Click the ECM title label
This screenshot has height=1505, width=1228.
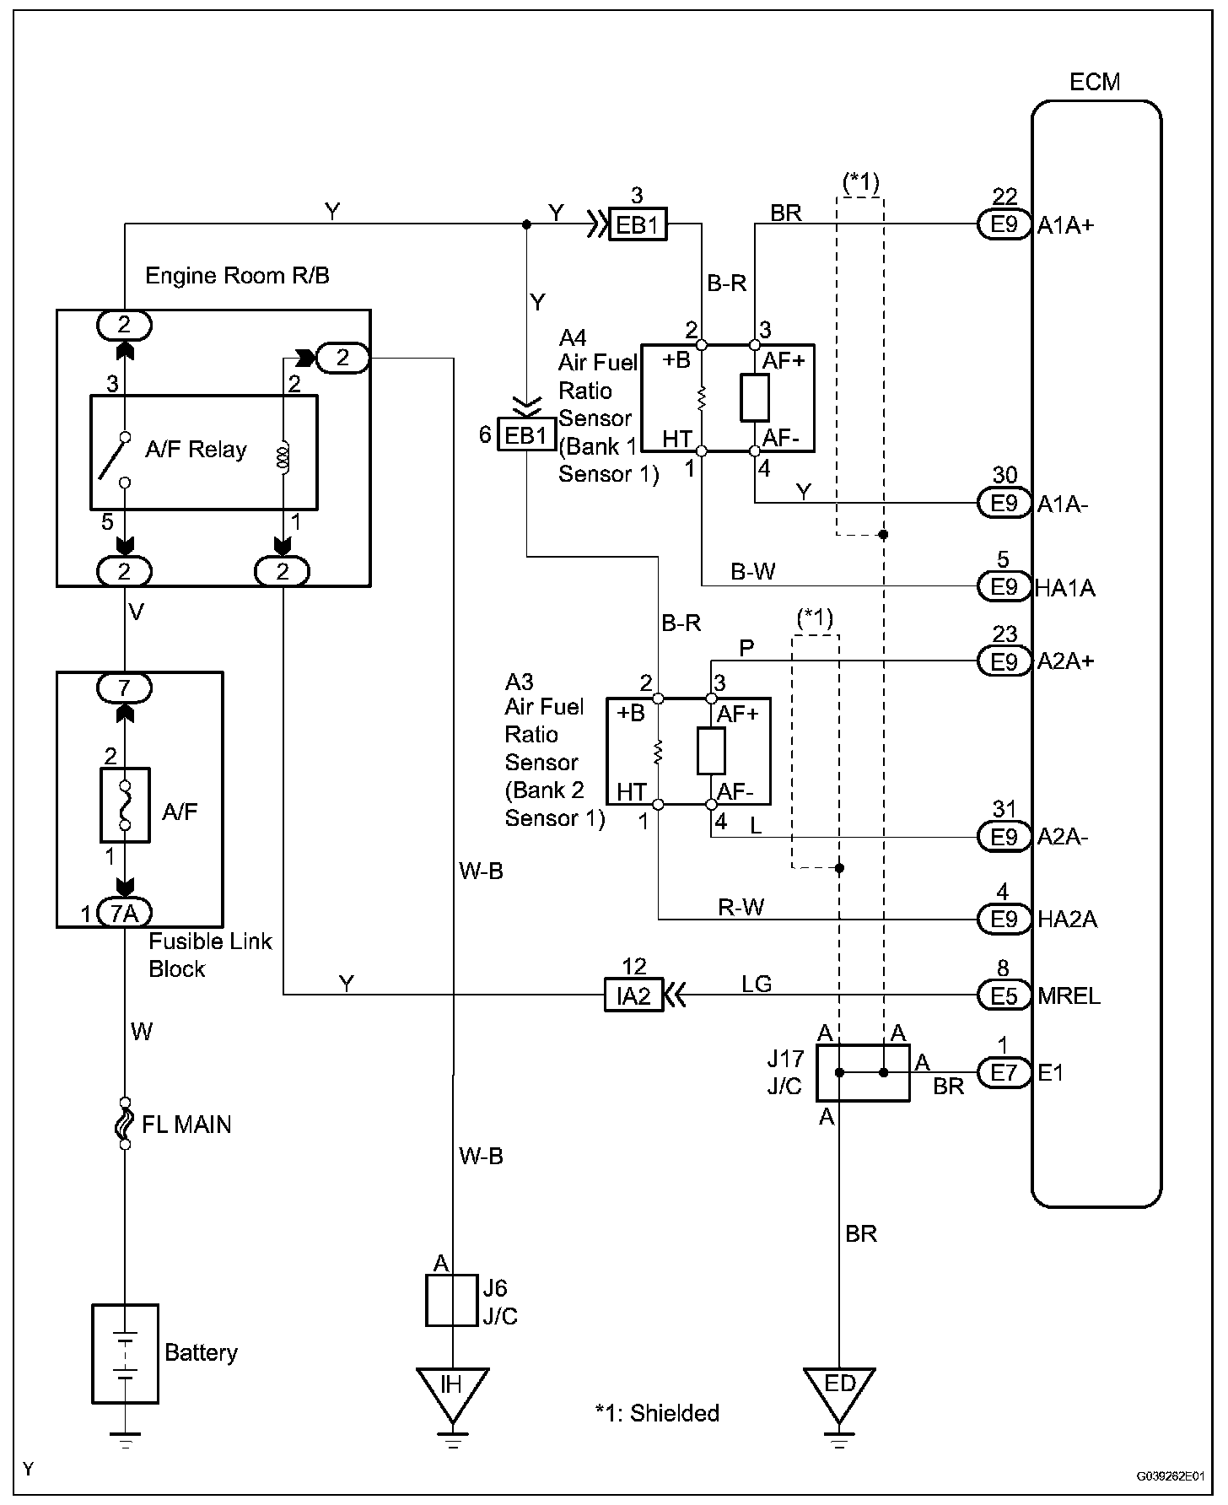click(1095, 82)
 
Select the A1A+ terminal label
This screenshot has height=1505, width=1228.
click(1065, 224)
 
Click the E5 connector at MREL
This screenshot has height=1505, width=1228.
click(1004, 995)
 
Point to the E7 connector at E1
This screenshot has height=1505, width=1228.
click(1004, 1073)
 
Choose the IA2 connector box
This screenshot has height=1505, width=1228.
click(633, 995)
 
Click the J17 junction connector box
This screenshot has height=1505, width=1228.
click(863, 1073)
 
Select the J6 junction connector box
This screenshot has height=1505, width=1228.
click(453, 1300)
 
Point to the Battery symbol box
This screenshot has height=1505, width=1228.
click(125, 1353)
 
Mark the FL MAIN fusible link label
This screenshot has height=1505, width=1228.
click(186, 1125)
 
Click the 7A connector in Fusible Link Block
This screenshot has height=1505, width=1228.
click(125, 913)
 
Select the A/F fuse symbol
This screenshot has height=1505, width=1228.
click(125, 805)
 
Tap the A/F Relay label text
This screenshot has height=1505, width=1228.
click(196, 450)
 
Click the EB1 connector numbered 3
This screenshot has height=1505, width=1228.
click(638, 225)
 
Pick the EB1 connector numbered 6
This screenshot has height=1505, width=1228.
click(526, 435)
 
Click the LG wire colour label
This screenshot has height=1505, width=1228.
click(757, 984)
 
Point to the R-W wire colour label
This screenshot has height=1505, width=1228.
click(741, 907)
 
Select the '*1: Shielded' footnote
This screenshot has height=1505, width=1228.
click(657, 1413)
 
